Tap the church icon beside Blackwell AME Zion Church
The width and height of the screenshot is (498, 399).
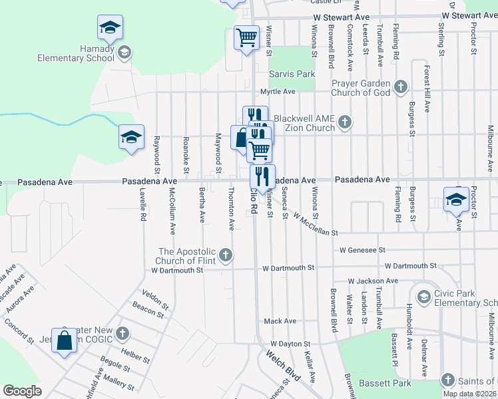[x=344, y=122]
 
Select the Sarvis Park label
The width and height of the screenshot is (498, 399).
[x=292, y=74]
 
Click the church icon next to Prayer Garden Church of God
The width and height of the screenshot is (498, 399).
[x=401, y=86]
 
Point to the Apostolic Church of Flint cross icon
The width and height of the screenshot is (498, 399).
[x=226, y=255]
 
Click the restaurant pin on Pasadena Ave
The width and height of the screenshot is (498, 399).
[x=262, y=176]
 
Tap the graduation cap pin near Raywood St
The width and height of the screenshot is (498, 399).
[x=131, y=138]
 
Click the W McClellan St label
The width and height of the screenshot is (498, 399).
[x=315, y=224]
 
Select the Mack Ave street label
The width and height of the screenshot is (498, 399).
[x=280, y=321]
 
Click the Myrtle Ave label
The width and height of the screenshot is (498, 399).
[x=277, y=91]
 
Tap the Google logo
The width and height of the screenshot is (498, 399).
[x=22, y=391]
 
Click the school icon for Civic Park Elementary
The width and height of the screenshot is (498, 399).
[x=423, y=295]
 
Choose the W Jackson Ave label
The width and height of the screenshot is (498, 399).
[x=371, y=281]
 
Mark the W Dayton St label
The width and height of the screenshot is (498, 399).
[x=288, y=344]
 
